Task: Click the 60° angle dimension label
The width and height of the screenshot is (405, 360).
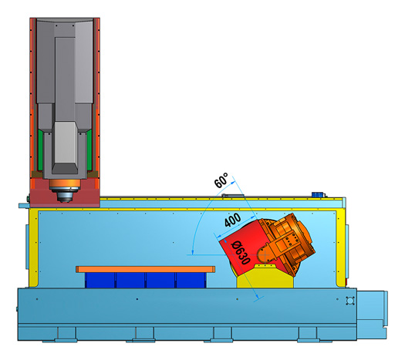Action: click(x=221, y=180)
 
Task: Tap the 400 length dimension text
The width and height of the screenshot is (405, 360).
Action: click(x=232, y=220)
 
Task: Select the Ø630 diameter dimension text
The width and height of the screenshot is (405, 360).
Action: click(x=241, y=253)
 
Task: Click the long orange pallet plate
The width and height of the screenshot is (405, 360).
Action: click(x=146, y=269)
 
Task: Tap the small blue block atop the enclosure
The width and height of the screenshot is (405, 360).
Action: click(x=318, y=194)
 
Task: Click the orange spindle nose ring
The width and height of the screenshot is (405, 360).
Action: click(x=65, y=183)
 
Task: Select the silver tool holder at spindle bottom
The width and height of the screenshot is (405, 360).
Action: click(x=65, y=195)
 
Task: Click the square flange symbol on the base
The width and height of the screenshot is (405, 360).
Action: click(x=350, y=301)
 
